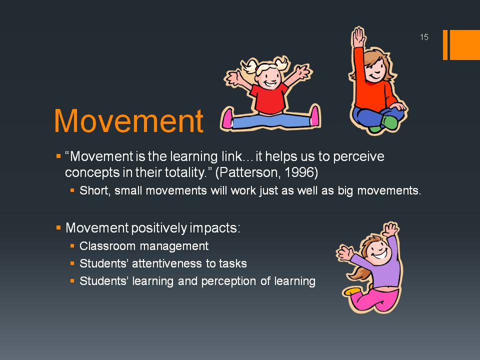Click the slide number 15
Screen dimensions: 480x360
click(424, 37)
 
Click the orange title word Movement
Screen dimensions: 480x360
click(128, 121)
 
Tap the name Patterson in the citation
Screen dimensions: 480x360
click(248, 172)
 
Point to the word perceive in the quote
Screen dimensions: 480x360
click(358, 156)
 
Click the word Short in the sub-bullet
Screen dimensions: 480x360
click(93, 190)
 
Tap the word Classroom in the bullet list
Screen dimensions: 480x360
click(107, 246)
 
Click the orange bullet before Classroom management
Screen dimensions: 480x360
click(72, 246)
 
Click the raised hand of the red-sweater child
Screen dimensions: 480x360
click(358, 36)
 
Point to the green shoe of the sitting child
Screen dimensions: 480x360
click(389, 122)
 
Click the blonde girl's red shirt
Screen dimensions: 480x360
click(269, 98)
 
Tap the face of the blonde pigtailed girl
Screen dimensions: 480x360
click(268, 77)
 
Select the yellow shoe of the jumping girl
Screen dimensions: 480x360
click(352, 291)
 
